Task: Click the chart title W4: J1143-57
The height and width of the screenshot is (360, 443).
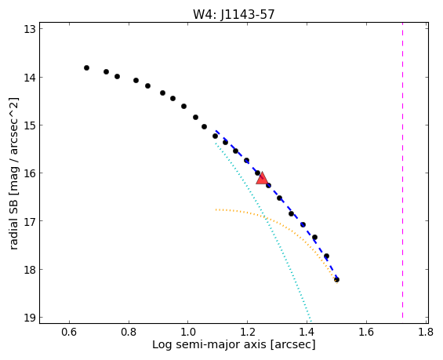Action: click(234, 14)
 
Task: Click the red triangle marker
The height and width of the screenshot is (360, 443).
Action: click(262, 179)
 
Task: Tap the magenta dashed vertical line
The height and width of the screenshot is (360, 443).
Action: click(402, 173)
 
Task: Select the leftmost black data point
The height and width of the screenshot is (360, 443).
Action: click(86, 67)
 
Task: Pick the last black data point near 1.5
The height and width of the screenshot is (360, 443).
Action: click(336, 280)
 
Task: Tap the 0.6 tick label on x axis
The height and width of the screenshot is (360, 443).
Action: click(69, 332)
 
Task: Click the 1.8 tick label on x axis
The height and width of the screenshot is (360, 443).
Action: click(426, 332)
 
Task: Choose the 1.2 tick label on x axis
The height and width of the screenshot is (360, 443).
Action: click(248, 332)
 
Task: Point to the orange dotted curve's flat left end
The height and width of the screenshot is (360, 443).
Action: click(216, 209)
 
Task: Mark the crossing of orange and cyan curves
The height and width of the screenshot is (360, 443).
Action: click(264, 217)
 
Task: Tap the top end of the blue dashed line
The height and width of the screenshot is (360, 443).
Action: click(216, 131)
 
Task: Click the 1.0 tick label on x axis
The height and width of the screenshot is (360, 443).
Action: click(188, 332)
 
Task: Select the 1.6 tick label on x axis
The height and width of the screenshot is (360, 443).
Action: click(366, 332)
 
